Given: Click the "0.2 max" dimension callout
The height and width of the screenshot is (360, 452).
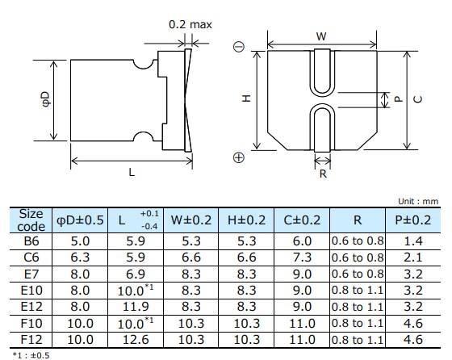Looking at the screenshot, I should pyautogui.click(x=190, y=24).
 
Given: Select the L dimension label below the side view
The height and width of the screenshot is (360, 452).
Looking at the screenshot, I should pyautogui.click(x=131, y=173).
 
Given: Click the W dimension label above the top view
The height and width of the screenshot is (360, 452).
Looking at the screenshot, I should pyautogui.click(x=320, y=36).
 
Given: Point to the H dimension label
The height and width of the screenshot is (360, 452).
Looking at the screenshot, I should pyautogui.click(x=247, y=98).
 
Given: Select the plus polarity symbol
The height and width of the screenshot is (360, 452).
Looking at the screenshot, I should pyautogui.click(x=238, y=158).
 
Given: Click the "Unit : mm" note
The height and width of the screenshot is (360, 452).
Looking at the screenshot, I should pyautogui.click(x=419, y=201).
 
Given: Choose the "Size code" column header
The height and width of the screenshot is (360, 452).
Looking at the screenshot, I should pyautogui.click(x=31, y=220).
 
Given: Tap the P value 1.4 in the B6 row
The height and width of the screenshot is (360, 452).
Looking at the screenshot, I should pyautogui.click(x=412, y=241).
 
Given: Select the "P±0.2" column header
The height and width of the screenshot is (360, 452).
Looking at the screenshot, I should pyautogui.click(x=412, y=220).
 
